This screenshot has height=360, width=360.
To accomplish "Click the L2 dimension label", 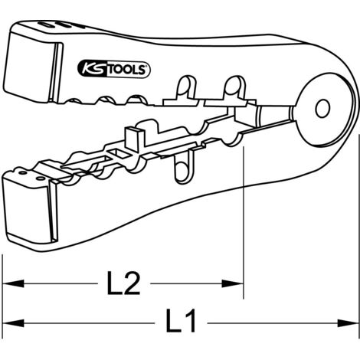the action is point(123,283).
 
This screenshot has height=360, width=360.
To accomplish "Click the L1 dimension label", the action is point(181,320).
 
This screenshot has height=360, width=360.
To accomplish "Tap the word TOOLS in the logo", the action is point(128,70).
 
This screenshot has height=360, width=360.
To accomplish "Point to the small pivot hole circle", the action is point(322,109).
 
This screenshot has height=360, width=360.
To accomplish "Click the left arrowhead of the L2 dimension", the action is point(13,283).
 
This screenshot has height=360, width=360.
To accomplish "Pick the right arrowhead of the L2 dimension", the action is point(232,283).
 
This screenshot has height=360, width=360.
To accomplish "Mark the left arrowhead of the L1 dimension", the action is point(13,323).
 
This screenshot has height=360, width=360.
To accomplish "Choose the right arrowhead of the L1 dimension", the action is point(348,323).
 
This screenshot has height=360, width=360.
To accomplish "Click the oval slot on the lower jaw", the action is point(182,171).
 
